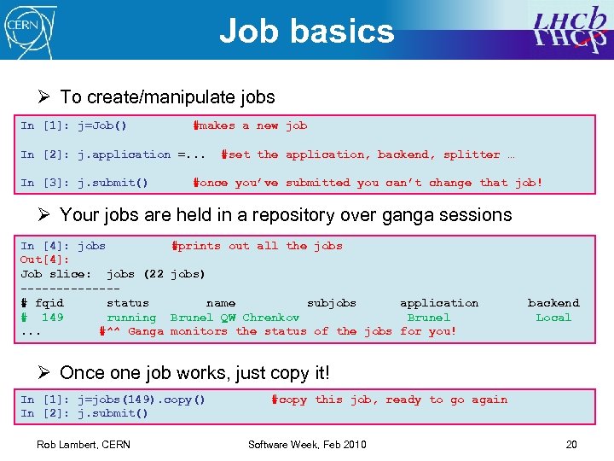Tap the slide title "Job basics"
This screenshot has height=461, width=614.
pos(307,31)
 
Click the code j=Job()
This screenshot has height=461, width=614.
pos(102,125)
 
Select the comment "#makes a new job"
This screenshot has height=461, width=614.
pos(251,125)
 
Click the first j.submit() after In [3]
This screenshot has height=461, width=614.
pos(113,183)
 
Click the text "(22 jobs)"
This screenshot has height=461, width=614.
pos(174,274)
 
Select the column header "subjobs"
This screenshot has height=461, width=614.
pos(332,303)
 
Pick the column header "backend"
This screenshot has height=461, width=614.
pos(553,303)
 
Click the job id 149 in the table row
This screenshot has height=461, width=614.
pos(52,318)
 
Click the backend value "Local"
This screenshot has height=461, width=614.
pos(553,318)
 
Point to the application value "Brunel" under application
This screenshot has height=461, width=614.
pos(429,318)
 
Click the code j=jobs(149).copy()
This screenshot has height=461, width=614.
pos(142,400)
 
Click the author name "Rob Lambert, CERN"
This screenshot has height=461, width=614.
pos(83,444)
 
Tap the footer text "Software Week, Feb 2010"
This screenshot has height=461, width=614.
pos(307,444)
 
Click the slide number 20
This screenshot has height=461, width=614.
pos(571,444)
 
